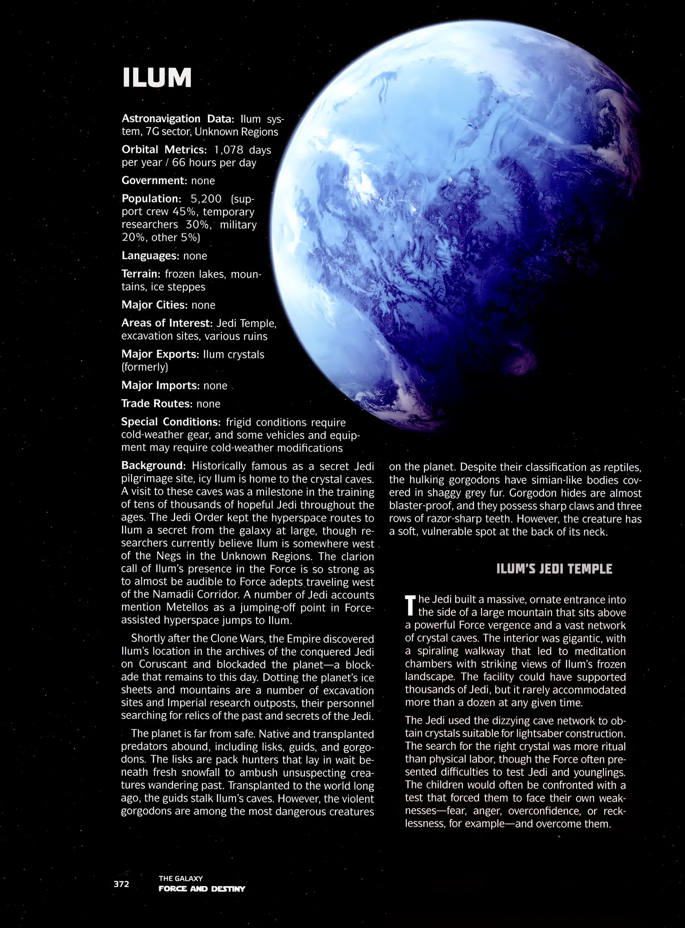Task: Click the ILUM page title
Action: (x=157, y=78)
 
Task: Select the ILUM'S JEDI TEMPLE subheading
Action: (x=554, y=569)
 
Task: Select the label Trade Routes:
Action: (x=157, y=403)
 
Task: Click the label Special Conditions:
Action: (x=171, y=422)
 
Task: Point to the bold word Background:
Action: (x=154, y=466)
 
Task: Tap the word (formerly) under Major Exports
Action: (x=145, y=367)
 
